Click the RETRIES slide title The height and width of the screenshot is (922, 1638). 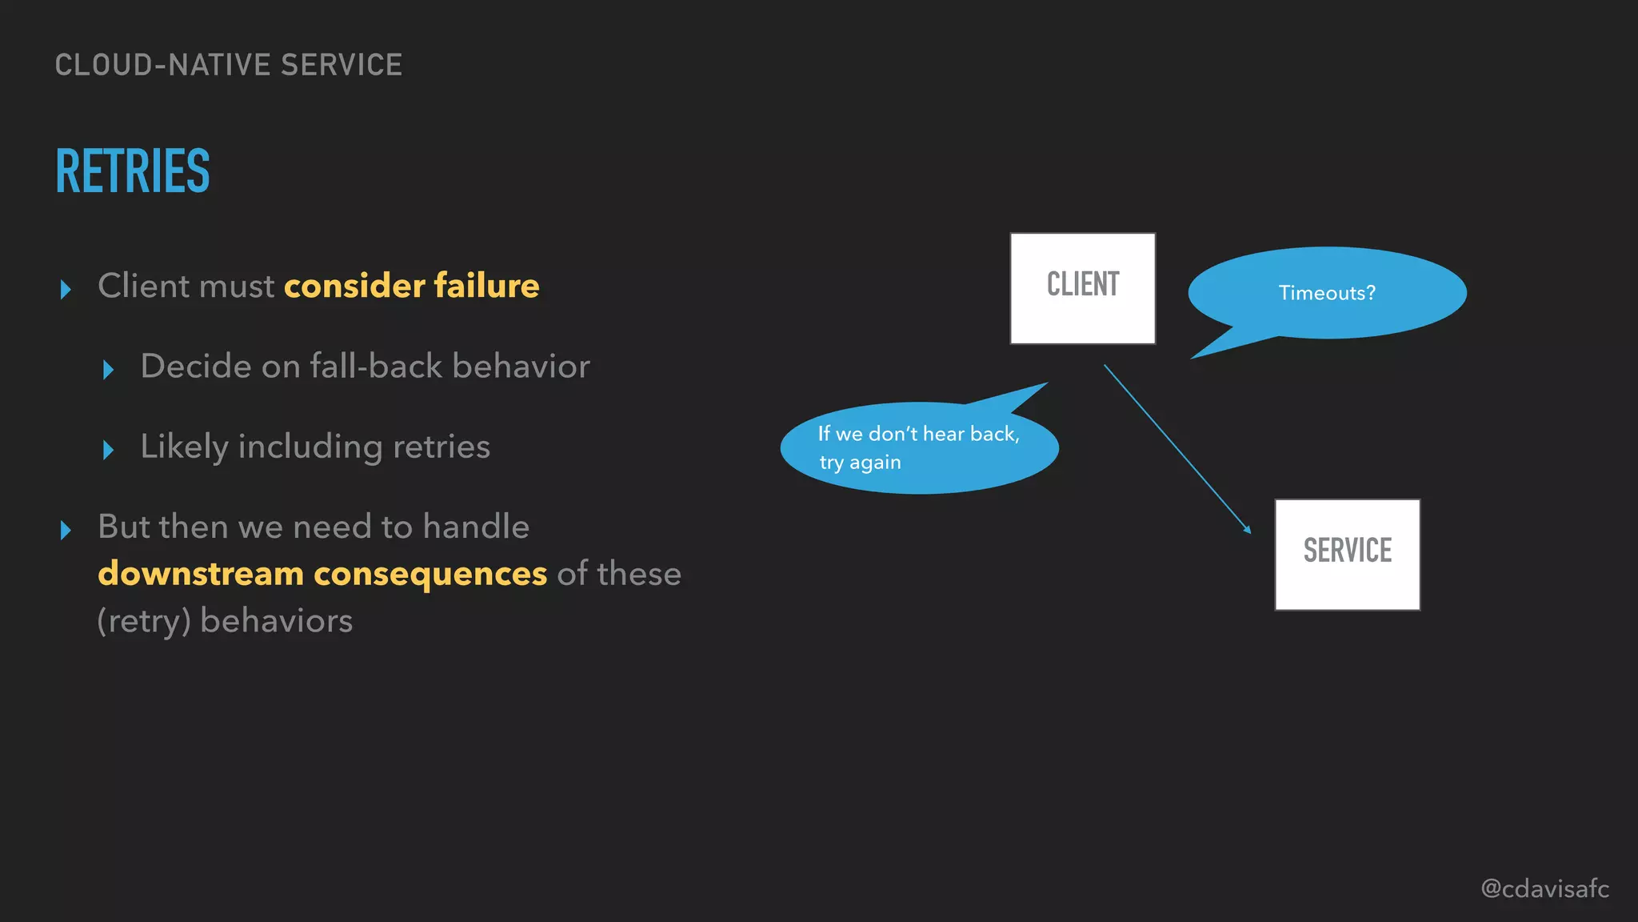click(133, 171)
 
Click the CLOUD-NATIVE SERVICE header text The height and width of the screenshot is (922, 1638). click(229, 65)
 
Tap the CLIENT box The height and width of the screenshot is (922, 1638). click(1082, 288)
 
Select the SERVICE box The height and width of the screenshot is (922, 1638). click(1347, 554)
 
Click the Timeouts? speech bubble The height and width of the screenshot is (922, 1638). click(1327, 293)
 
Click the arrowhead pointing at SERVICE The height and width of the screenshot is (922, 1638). click(1248, 530)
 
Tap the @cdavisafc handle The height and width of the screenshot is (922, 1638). click(1544, 888)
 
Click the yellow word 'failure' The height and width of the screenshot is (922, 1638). click(486, 286)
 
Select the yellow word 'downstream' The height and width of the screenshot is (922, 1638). click(201, 574)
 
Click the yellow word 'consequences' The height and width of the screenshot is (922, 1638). click(430, 574)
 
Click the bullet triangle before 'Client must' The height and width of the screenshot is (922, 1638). click(66, 289)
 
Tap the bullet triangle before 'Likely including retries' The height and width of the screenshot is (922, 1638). click(109, 450)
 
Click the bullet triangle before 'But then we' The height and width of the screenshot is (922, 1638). click(66, 530)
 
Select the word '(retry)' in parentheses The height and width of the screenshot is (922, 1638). click(144, 621)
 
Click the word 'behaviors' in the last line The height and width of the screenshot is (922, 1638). click(276, 621)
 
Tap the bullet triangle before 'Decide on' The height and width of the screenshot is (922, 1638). click(109, 370)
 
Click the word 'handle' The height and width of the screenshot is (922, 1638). click(476, 527)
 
